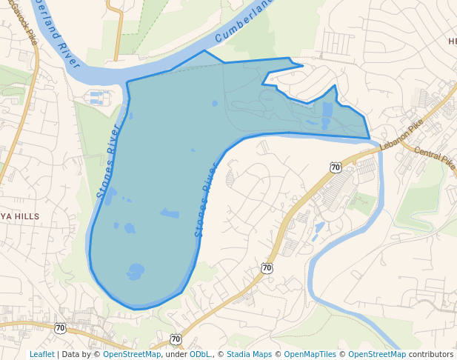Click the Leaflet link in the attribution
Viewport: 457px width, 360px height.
(41, 354)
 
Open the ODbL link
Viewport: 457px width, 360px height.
(200, 354)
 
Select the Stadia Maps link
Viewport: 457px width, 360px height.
(249, 354)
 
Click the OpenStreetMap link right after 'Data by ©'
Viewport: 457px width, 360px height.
(132, 354)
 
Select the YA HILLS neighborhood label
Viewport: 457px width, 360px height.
(20, 216)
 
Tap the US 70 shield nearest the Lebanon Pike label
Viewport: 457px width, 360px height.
(336, 168)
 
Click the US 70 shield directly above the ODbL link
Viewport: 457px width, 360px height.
(175, 339)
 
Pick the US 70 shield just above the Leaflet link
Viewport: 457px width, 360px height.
(60, 327)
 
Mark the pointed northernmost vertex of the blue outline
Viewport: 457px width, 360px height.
(204, 51)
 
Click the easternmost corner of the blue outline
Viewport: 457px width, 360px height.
(369, 138)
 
